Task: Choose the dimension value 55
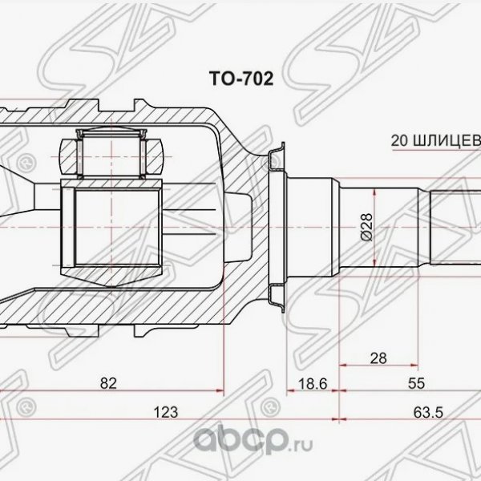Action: (x=415, y=384)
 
